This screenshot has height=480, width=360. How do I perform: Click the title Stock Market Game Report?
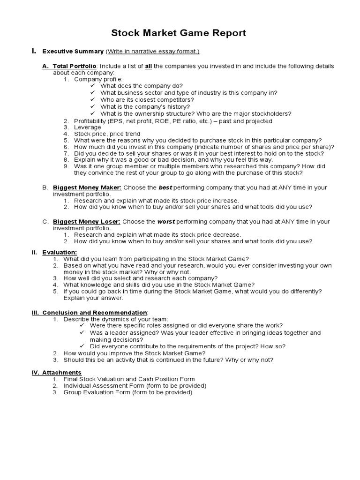(x=178, y=33)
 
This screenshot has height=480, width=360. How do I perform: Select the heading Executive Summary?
(x=73, y=51)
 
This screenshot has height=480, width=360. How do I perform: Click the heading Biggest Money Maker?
(x=87, y=187)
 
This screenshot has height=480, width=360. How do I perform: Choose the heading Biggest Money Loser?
(x=87, y=221)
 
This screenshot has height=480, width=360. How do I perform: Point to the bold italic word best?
(x=165, y=187)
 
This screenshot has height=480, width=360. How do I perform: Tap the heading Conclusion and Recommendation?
(x=95, y=312)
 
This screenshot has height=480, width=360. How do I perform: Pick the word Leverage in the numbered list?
(x=88, y=127)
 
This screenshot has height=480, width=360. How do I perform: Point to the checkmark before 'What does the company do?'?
(x=92, y=86)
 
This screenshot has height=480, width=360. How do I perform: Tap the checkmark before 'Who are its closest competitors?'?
(x=92, y=100)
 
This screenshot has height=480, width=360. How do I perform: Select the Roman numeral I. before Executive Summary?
(x=33, y=51)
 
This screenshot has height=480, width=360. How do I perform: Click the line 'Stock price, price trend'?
(x=107, y=134)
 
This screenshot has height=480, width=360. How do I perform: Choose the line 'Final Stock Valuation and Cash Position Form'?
(x=129, y=379)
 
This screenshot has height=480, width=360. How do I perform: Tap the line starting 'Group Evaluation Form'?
(x=127, y=392)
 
